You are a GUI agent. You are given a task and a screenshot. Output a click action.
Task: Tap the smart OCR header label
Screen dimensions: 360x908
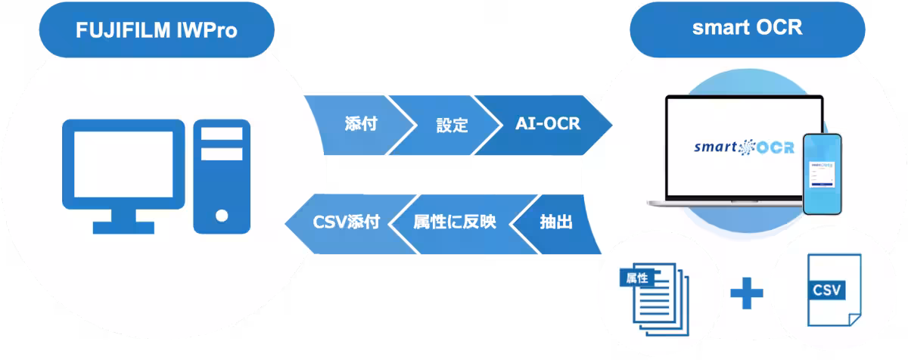tap(747, 29)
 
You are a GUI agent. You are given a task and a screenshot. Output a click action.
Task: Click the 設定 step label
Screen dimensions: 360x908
tap(452, 124)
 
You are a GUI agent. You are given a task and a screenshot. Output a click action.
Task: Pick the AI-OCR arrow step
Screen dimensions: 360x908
tap(547, 123)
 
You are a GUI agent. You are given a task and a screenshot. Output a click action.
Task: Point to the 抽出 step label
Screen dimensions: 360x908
tap(555, 222)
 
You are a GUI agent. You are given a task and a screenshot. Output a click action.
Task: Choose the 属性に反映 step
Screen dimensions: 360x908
tap(454, 222)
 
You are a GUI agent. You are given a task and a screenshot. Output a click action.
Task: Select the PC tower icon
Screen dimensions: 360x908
tap(221, 175)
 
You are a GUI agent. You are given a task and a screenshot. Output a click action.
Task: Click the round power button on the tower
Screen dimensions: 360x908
tap(221, 215)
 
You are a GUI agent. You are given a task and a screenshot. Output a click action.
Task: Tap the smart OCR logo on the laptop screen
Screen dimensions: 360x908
tap(745, 147)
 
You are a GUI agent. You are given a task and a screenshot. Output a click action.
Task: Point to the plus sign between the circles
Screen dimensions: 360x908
tap(746, 292)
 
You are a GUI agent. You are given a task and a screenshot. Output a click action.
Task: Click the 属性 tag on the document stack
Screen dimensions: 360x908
tap(634, 277)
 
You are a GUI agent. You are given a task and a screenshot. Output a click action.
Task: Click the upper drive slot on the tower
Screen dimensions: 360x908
tap(221, 134)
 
